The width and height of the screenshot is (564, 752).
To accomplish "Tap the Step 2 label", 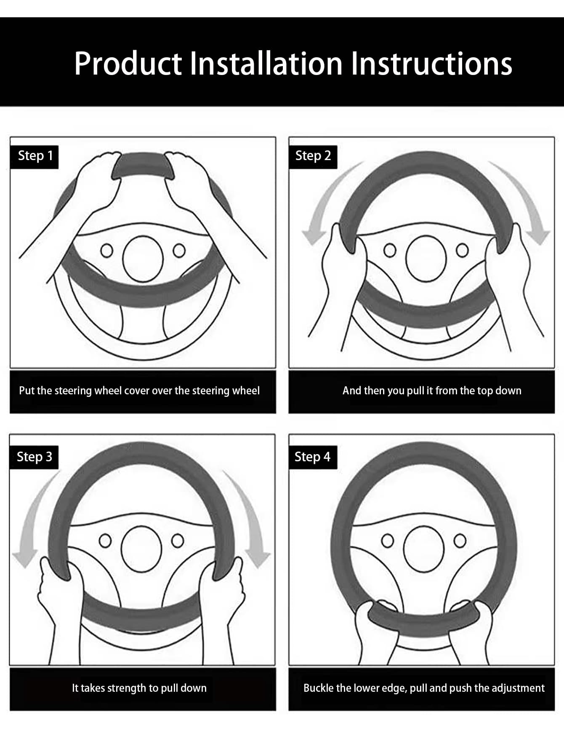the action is (x=313, y=156).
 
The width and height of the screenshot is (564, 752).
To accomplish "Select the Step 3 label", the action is (x=34, y=457).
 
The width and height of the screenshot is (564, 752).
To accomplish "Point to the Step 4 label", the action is (x=312, y=457).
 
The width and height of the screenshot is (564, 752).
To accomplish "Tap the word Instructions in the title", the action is (x=431, y=64).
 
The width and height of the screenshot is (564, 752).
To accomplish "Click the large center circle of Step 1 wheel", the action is (x=143, y=259).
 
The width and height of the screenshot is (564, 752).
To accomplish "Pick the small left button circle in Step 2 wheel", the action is (x=390, y=250).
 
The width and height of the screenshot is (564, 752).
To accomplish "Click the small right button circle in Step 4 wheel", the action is (x=460, y=540).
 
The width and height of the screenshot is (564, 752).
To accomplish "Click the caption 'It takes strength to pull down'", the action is (x=139, y=688).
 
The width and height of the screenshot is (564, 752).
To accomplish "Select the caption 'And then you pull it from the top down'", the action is (x=432, y=391).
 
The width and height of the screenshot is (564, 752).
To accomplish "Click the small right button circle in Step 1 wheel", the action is (x=179, y=250).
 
